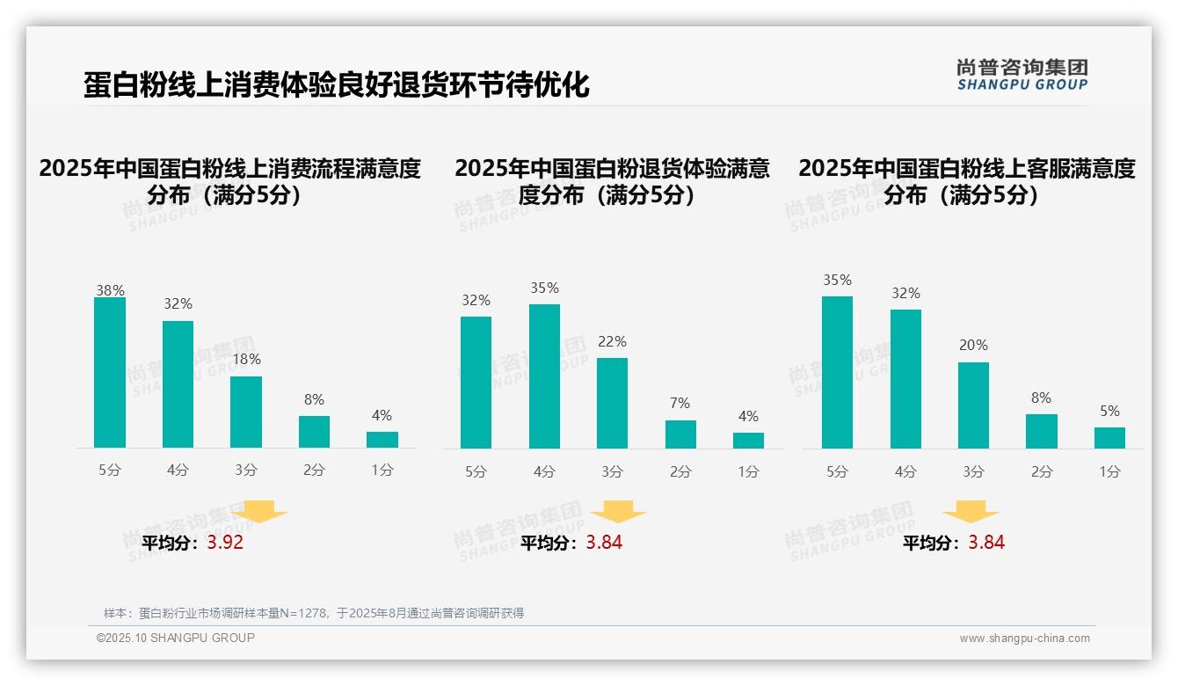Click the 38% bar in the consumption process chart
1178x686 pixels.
110,373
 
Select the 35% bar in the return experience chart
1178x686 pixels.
544,376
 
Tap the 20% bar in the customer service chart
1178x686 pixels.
973,405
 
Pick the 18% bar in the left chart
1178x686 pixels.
246,412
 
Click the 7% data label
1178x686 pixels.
680,403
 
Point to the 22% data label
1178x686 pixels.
612,341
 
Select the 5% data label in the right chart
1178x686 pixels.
1109,411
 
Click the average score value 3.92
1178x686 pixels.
225,543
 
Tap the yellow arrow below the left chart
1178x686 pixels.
259,511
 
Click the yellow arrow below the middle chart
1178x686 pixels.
618,511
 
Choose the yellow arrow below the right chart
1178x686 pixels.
971,511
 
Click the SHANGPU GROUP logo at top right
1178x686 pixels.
1022,75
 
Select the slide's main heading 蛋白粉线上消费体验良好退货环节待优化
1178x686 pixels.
336,85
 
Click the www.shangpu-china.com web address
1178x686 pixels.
1024,639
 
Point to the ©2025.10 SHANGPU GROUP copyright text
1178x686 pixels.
176,638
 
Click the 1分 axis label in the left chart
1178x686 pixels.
382,471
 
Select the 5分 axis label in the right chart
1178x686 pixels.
837,472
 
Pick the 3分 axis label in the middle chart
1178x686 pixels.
612,472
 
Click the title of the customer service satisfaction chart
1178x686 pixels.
967,181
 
